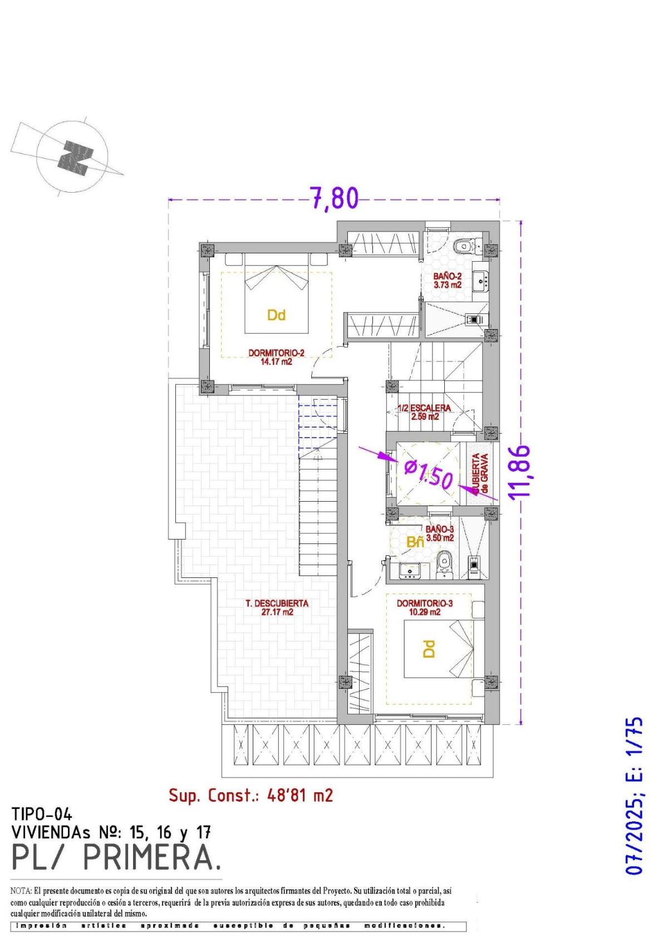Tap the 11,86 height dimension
pyautogui.click(x=519, y=470)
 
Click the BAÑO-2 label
pyautogui.click(x=448, y=280)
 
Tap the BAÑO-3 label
pyautogui.click(x=439, y=533)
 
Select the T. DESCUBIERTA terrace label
pyautogui.click(x=277, y=607)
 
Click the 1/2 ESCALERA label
pyautogui.click(x=424, y=411)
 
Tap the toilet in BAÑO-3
pyautogui.click(x=444, y=562)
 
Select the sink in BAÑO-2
pyautogui.click(x=480, y=281)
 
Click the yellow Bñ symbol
pyautogui.click(x=415, y=541)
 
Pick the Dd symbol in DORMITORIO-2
pyautogui.click(x=276, y=315)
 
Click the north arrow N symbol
pyautogui.click(x=76, y=158)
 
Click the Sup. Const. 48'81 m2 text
pyautogui.click(x=250, y=795)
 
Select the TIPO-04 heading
pyautogui.click(x=42, y=815)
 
